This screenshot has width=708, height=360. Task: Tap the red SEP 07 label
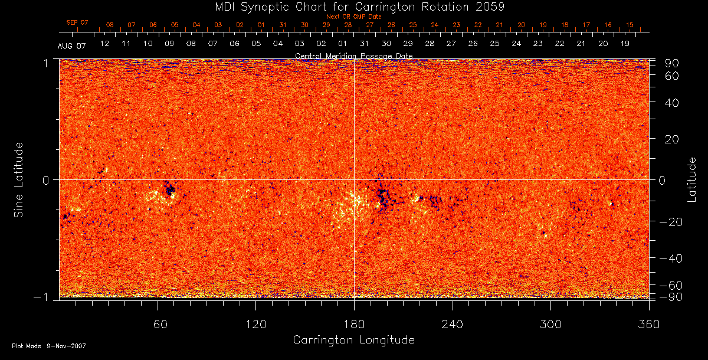77,22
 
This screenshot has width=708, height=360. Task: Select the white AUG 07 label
71,46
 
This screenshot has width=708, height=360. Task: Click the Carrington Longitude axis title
353,340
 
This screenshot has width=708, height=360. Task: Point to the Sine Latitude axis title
18,179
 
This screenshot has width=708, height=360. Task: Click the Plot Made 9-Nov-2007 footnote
49,346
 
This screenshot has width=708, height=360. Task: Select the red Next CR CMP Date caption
353,17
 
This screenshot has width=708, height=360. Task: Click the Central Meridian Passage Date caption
353,55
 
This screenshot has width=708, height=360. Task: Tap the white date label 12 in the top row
104,44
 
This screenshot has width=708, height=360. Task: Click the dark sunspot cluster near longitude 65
170,190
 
